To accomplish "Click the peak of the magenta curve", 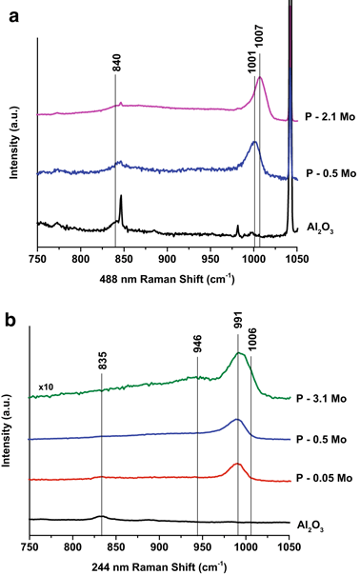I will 260,78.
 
